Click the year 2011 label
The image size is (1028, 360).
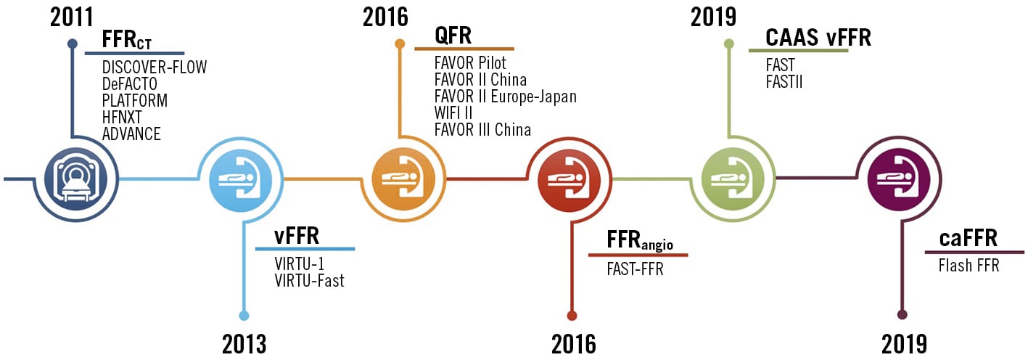[72, 17]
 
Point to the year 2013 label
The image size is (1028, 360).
[244, 343]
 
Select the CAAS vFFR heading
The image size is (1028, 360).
[818, 37]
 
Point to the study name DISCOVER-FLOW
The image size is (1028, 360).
[155, 67]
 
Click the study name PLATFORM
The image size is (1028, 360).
[135, 101]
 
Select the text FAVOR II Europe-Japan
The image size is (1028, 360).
[505, 97]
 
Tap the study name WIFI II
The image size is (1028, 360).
[453, 113]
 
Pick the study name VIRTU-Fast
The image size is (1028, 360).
[309, 280]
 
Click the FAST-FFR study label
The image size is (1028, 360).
[635, 270]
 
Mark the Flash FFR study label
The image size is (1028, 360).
[968, 266]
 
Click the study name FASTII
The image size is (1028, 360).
[784, 81]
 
